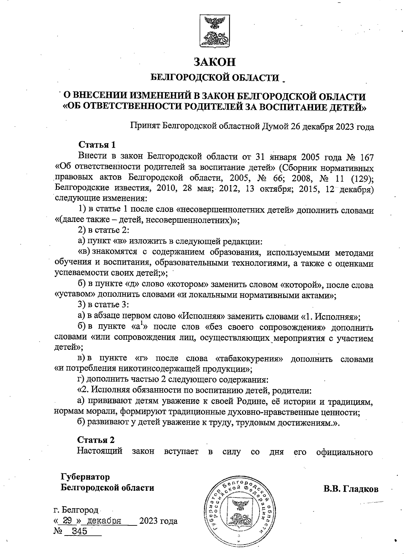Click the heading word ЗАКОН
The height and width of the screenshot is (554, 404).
click(214, 62)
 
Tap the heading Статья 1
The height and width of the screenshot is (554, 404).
click(97, 145)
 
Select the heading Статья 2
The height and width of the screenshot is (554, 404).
click(96, 440)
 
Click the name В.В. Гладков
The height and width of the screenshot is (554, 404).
click(351, 489)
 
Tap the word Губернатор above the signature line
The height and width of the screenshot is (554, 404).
click(85, 477)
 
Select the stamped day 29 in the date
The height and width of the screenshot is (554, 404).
click(67, 521)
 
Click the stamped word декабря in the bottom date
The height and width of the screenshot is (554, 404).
click(104, 521)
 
